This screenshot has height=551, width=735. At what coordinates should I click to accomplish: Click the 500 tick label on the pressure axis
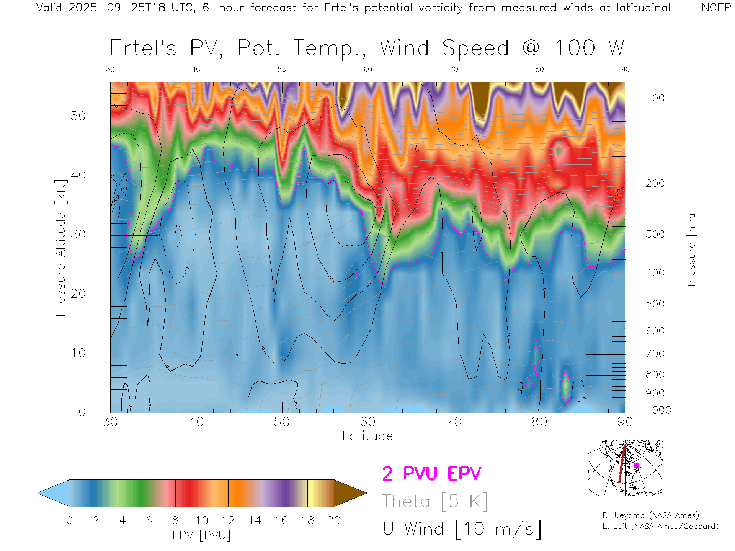(x=655, y=304)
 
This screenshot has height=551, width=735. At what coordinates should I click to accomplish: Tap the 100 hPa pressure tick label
(x=655, y=98)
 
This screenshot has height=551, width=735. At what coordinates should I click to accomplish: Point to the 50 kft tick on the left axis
(x=78, y=116)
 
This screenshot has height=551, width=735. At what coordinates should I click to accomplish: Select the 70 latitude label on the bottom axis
(x=454, y=422)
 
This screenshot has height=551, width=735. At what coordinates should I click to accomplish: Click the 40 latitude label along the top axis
(x=196, y=69)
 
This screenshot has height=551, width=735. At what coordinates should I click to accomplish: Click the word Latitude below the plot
(x=367, y=436)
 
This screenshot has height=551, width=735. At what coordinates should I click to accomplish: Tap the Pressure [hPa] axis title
(x=691, y=248)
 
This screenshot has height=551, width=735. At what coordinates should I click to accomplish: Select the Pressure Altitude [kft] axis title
(x=60, y=248)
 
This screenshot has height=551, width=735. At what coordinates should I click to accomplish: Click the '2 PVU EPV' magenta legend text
(x=431, y=474)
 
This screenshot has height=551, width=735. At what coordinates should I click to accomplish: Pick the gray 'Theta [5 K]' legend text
(x=435, y=501)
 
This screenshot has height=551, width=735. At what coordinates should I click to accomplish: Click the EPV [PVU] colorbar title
(x=202, y=535)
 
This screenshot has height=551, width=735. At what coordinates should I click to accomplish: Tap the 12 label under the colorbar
(x=228, y=520)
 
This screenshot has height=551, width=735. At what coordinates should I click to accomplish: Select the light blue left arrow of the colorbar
(x=54, y=493)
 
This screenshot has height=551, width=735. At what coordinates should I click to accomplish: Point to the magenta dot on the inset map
(x=636, y=466)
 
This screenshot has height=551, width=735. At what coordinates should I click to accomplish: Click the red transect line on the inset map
(x=622, y=465)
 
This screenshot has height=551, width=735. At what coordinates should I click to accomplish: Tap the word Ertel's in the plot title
(x=143, y=49)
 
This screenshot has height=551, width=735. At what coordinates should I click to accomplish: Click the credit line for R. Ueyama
(x=650, y=515)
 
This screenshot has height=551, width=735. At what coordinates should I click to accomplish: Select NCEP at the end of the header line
(x=716, y=8)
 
